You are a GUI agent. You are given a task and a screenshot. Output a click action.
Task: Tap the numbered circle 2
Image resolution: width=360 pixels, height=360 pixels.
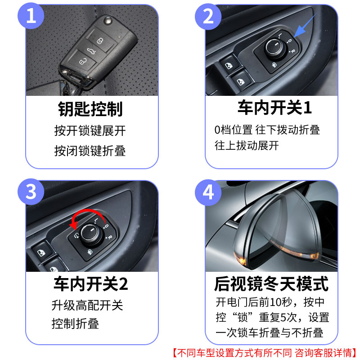click(208, 17)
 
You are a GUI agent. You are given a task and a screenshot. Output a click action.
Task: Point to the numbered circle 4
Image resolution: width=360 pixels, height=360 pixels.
click(208, 192)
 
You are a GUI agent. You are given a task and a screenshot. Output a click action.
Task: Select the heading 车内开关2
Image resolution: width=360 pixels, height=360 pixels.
click(90, 284)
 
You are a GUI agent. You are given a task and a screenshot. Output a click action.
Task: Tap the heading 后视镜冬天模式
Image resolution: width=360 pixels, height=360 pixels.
click(271, 284)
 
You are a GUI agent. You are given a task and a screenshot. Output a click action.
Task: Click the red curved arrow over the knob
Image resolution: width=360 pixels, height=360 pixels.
click(88, 217)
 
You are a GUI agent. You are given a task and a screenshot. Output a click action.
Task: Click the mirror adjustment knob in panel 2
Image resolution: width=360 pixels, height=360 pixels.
click(273, 46)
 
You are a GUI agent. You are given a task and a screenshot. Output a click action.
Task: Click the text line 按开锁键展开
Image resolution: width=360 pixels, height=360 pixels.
click(90, 131)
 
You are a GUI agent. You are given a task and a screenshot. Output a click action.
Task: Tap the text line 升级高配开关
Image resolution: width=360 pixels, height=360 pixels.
click(87, 306)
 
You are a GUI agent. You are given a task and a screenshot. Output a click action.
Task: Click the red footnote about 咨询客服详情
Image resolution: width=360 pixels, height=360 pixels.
click(265, 351)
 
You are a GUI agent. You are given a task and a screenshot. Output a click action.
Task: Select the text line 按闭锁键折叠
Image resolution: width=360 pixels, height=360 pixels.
click(90, 151)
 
